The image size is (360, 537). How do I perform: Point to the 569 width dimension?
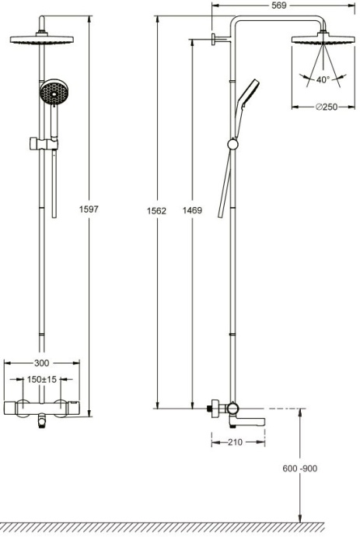278,5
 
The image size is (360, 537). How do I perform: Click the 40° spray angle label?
323,79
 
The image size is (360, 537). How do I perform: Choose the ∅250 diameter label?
326,107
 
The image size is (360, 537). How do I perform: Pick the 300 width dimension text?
41,363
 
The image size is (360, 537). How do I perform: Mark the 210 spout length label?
236,442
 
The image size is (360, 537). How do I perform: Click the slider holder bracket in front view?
38,143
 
